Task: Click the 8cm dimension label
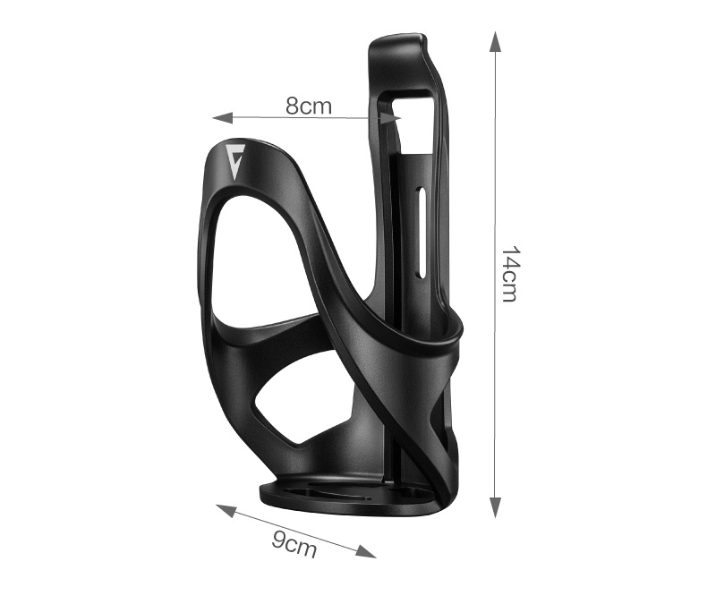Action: (x=309, y=106)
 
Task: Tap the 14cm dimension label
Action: (x=510, y=274)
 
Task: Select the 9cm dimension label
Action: (x=294, y=544)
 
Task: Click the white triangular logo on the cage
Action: (x=234, y=160)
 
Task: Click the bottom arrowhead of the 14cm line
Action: (x=495, y=507)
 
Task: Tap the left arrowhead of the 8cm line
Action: (x=222, y=118)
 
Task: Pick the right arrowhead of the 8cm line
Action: (x=391, y=118)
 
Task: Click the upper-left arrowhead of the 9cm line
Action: (x=226, y=511)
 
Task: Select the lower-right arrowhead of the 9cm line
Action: (x=366, y=551)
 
